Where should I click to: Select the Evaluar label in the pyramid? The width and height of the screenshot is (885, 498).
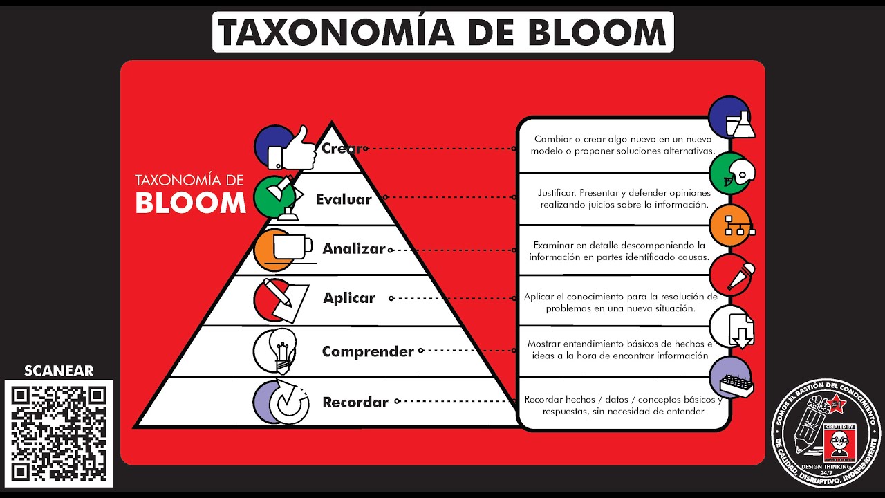344,200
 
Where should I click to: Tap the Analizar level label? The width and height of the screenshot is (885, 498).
353,249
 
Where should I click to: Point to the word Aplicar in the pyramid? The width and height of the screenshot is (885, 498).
349,298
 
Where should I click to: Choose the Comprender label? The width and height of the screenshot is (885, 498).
368,351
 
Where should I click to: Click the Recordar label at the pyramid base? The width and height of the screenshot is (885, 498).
355,402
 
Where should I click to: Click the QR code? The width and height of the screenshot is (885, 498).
59,434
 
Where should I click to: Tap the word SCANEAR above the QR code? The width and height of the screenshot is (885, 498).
59,371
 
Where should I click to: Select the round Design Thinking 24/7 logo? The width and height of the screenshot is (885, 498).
827,433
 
